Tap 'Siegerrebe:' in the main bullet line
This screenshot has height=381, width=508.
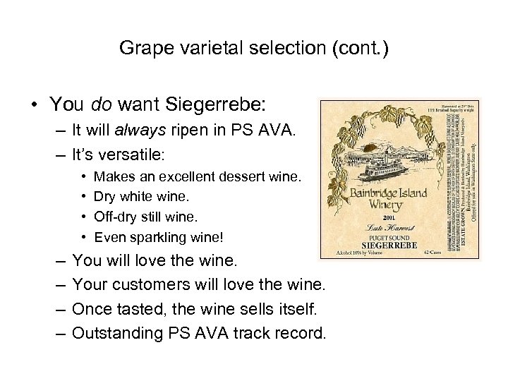pos(216,104)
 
